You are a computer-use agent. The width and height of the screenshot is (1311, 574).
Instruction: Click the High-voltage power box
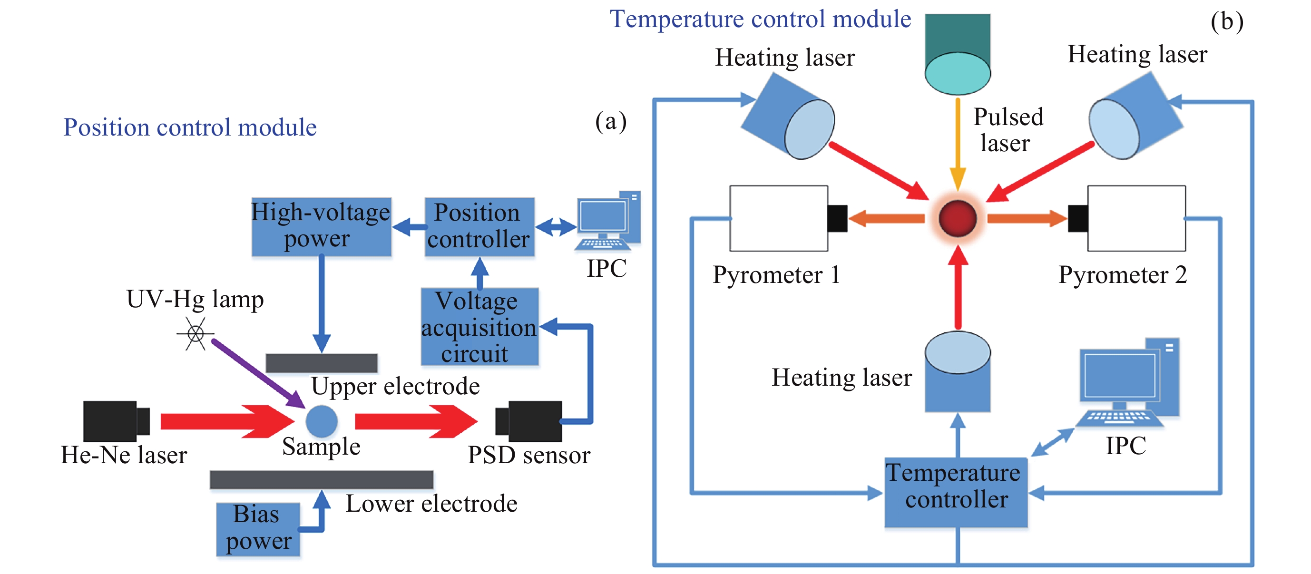click(x=322, y=226)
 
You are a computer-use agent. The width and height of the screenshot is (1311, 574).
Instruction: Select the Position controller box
click(x=479, y=226)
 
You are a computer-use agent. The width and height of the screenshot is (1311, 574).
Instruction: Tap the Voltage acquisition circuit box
click(x=479, y=327)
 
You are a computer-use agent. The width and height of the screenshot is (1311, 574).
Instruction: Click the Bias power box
click(x=257, y=529)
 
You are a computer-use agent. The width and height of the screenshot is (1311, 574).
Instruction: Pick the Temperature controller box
click(x=956, y=492)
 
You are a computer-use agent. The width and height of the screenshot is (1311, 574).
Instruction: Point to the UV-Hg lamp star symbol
click(x=196, y=334)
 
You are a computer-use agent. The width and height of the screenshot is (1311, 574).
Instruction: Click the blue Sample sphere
click(x=321, y=421)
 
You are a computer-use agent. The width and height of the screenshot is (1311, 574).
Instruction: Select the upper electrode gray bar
click(x=321, y=363)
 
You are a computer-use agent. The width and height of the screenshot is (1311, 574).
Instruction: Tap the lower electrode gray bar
click(x=321, y=479)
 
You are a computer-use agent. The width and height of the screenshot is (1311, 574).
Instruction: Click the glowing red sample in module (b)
click(x=957, y=218)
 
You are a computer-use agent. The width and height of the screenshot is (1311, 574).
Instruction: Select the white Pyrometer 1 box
click(x=778, y=218)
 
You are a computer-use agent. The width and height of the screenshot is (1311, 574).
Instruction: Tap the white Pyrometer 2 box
click(x=1136, y=218)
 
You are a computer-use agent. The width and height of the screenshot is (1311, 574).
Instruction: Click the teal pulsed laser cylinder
click(x=957, y=53)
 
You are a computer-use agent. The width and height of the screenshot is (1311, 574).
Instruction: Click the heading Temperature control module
click(x=760, y=19)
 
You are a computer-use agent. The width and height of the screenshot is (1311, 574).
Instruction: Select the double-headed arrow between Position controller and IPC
click(x=556, y=226)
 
